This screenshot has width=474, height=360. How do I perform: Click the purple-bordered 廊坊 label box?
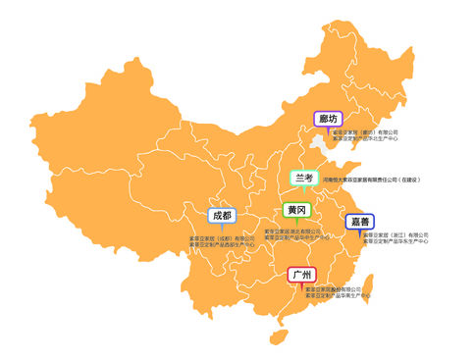(x=329, y=119)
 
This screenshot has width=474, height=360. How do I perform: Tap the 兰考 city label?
(x=305, y=178)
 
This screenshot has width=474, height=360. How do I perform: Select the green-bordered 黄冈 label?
(x=294, y=210)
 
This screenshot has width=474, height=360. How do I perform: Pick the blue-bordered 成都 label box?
(x=222, y=215)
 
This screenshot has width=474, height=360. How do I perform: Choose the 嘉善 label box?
(x=358, y=222)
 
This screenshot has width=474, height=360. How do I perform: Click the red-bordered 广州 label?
(x=301, y=275)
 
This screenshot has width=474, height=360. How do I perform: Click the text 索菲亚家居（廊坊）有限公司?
(x=365, y=131)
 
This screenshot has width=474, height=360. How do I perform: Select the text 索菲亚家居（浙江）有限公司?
(x=395, y=235)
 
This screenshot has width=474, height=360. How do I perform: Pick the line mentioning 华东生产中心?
(x=395, y=241)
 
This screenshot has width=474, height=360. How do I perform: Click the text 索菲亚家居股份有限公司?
(x=334, y=289)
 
